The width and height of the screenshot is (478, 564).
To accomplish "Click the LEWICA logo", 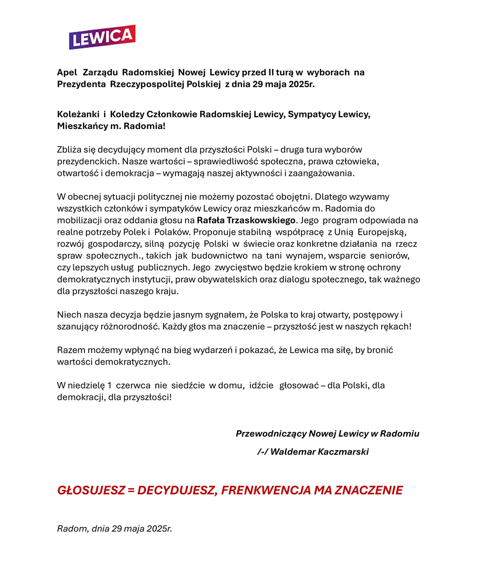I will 102,37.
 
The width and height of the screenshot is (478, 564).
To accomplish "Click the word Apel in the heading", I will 67,73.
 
